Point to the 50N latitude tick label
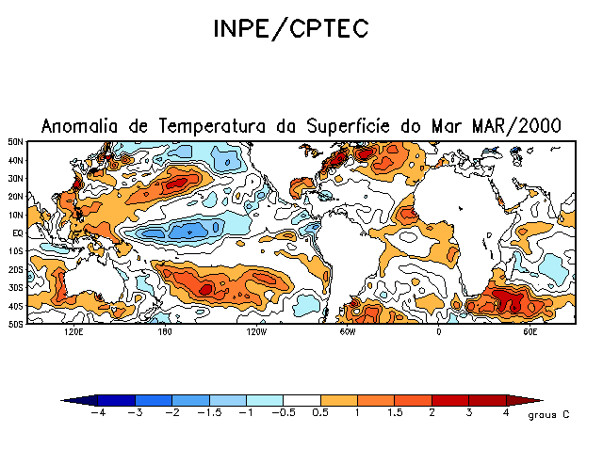click(x=15, y=141)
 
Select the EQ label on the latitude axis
click(x=17, y=232)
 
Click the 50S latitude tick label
click(x=15, y=324)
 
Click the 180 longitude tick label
click(x=164, y=332)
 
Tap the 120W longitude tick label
click(x=255, y=332)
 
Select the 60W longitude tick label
click(x=347, y=332)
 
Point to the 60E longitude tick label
click(x=529, y=332)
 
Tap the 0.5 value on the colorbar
click(x=322, y=412)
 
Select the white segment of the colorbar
click(x=302, y=400)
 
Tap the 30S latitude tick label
click(x=15, y=287)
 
